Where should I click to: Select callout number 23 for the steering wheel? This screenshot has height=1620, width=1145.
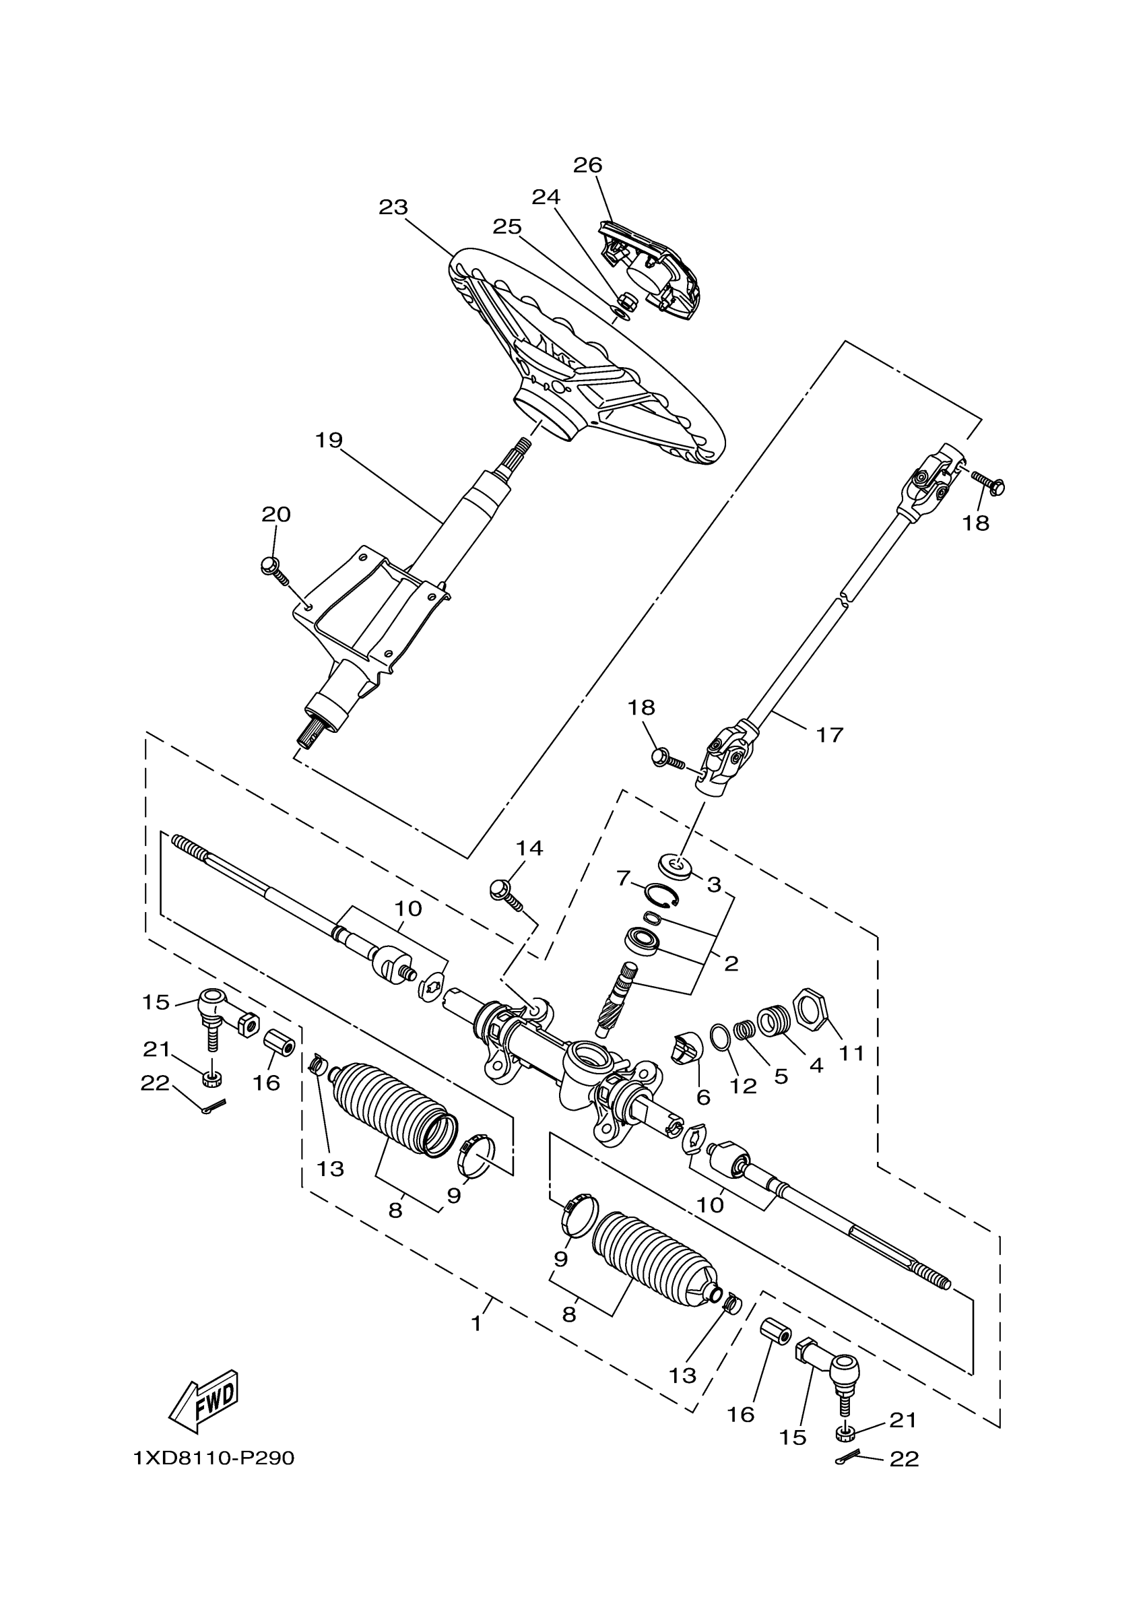coord(393,207)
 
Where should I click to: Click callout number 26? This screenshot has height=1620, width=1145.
coord(587,165)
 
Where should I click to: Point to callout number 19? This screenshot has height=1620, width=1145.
coord(329,441)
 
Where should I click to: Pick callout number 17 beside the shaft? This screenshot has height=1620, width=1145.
coord(830,735)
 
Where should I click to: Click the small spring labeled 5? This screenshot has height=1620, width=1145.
coord(744,1030)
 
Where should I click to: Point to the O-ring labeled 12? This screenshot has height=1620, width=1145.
coord(720,1038)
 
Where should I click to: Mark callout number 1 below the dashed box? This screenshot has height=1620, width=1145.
coord(478,1324)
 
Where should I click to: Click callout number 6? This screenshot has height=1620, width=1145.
coord(702,1097)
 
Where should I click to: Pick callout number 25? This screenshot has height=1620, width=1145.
coord(506,226)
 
